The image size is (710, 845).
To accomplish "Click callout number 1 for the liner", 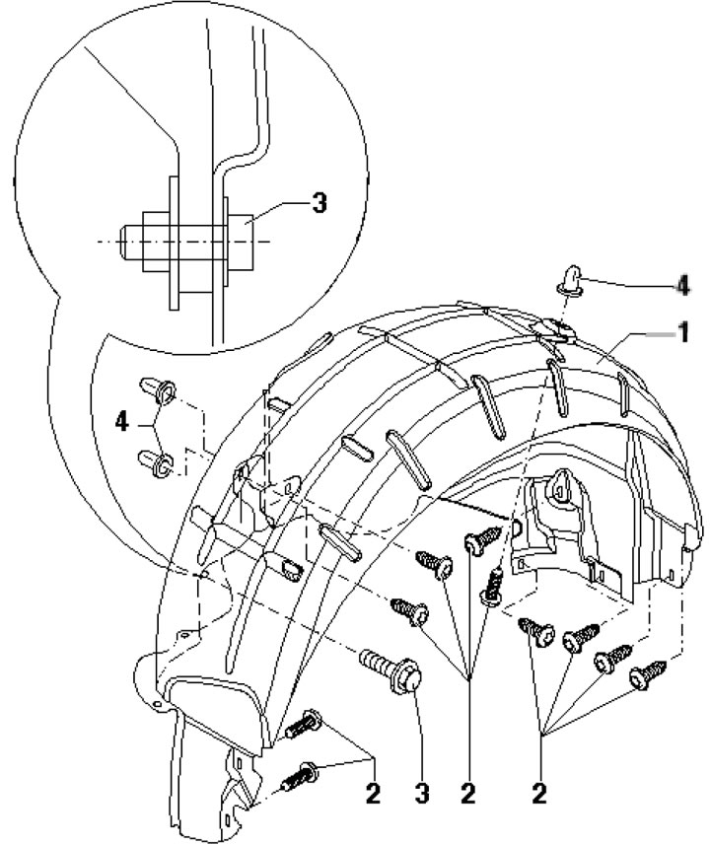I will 679,334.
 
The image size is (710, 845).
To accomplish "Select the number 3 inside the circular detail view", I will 319,204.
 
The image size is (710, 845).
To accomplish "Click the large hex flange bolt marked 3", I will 394,670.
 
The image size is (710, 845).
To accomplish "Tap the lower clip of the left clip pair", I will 157,459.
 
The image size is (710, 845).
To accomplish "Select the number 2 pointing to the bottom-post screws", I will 373,795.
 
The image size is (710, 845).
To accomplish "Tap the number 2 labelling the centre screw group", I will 467,795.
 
